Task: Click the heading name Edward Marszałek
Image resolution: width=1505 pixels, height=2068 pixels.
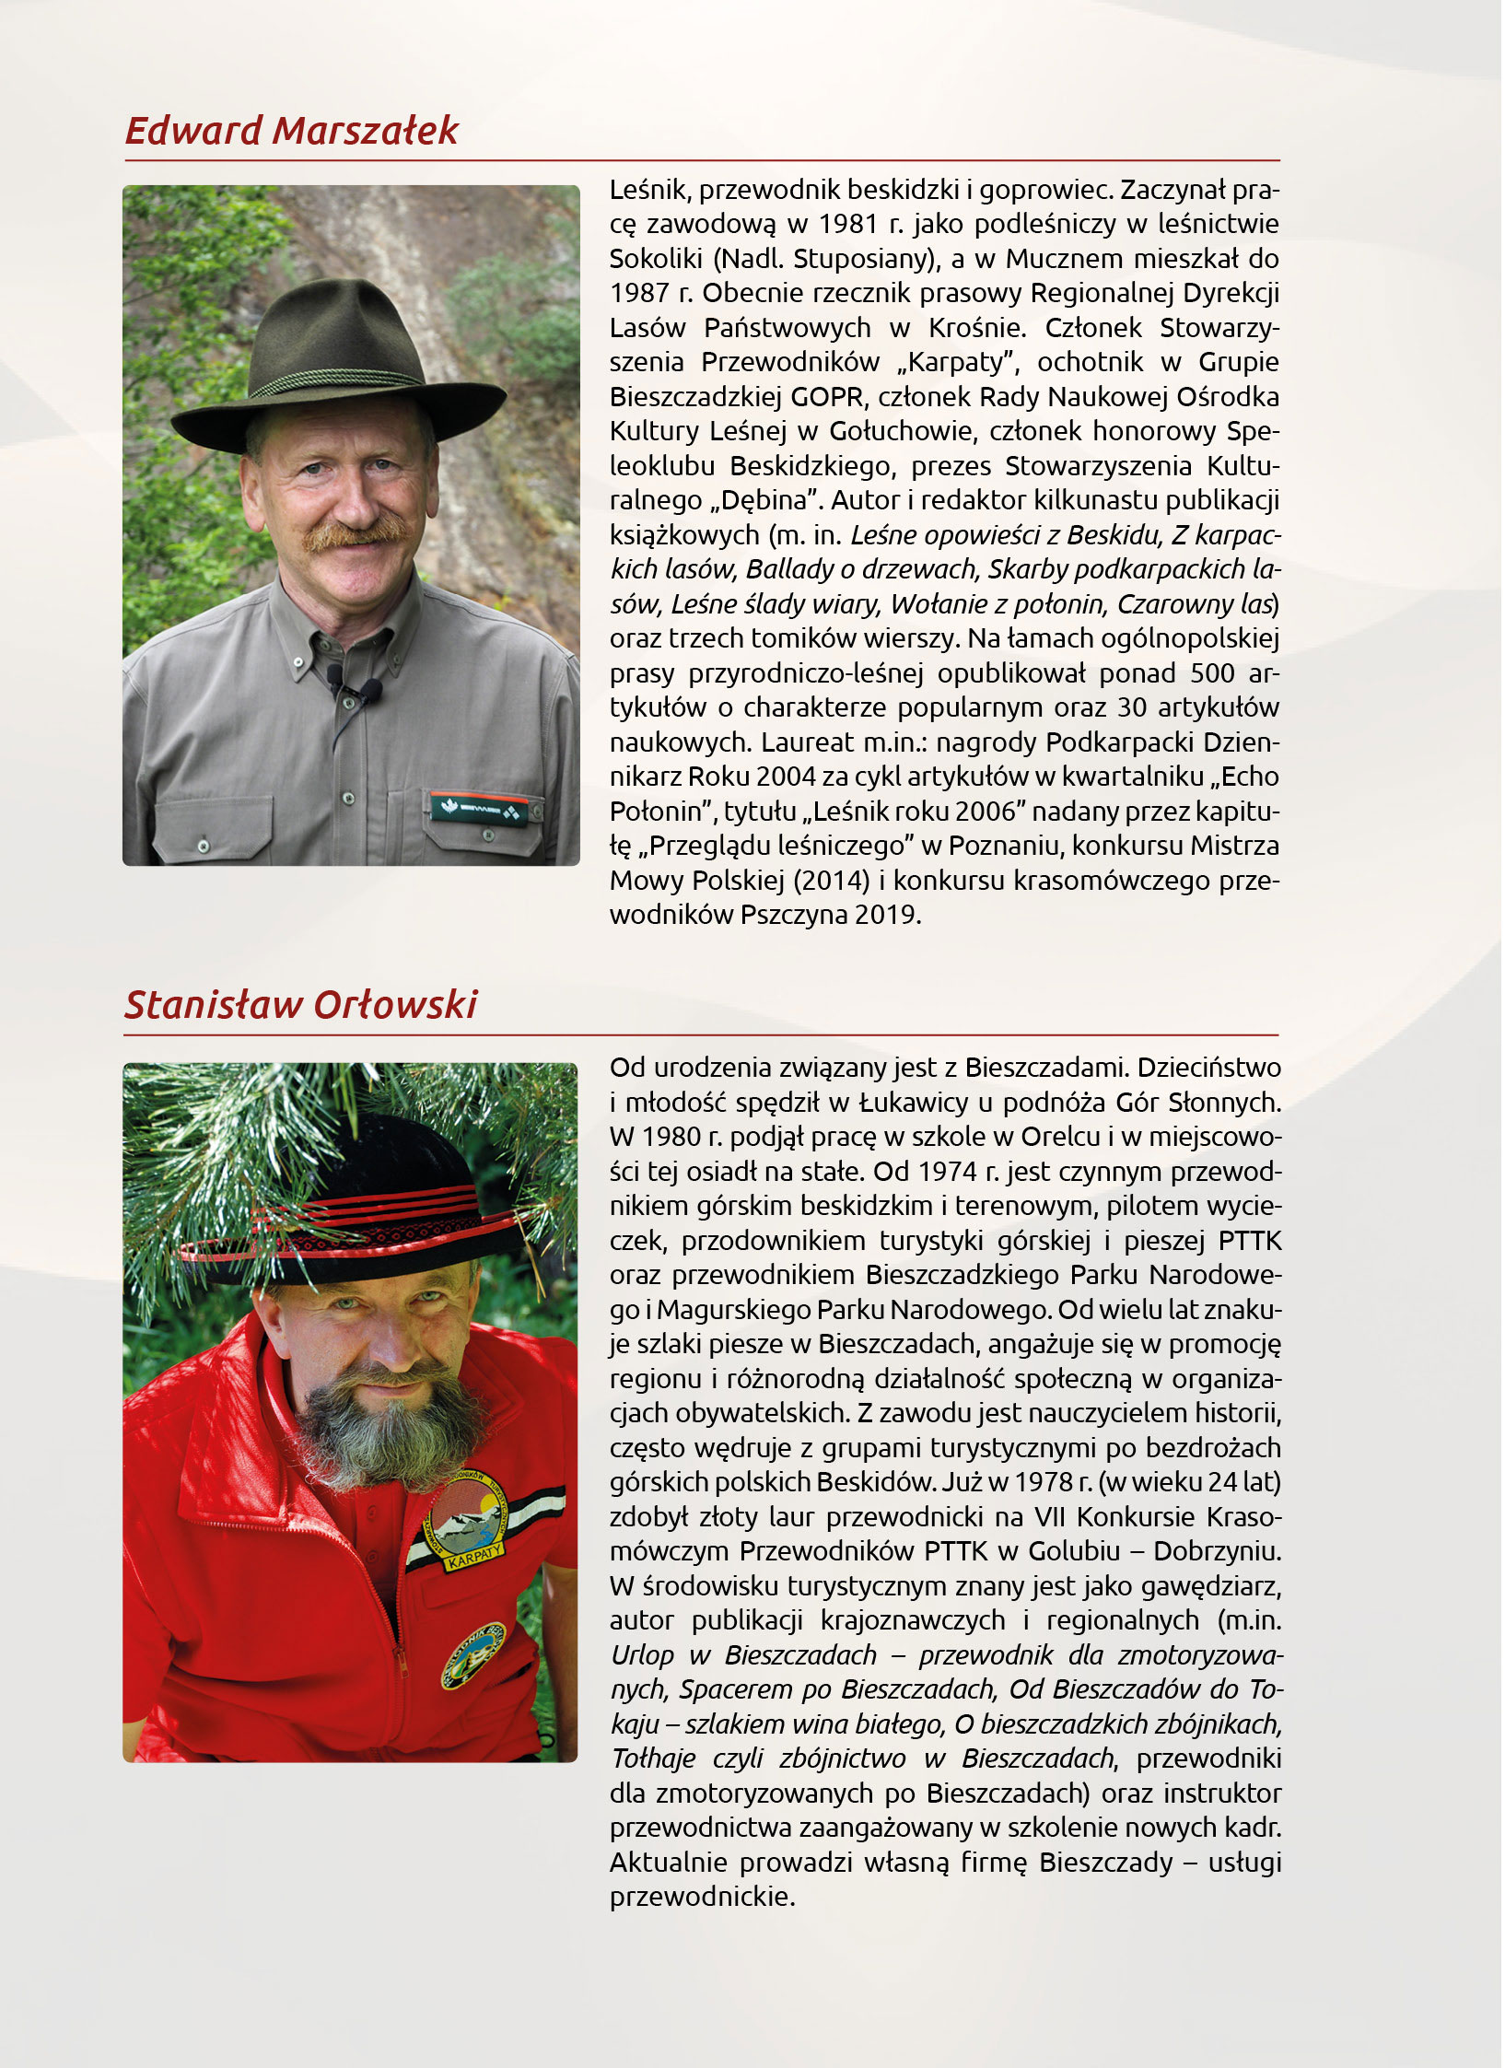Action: click(x=291, y=131)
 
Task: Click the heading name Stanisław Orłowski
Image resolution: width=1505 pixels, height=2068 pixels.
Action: click(x=300, y=1005)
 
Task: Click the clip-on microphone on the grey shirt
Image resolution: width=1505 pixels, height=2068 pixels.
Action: click(x=355, y=687)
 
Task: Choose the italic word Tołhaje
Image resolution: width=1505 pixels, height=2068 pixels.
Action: click(x=653, y=1758)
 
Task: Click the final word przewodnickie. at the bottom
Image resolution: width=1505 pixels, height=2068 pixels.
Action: click(x=702, y=1897)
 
